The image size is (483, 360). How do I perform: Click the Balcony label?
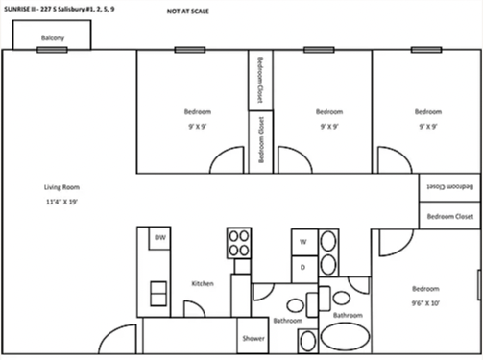[x=53, y=38]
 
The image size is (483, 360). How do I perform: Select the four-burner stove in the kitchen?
[x=238, y=242]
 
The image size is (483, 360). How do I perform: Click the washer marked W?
[x=303, y=241]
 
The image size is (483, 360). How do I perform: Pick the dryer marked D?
[x=303, y=266]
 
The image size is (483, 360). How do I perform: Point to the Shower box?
[x=253, y=338]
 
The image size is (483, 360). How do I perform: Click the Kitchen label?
[x=202, y=283]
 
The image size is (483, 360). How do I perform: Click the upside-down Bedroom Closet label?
[x=450, y=186]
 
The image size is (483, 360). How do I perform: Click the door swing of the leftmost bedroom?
[x=228, y=159]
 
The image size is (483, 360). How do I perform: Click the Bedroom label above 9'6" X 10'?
[x=425, y=289]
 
